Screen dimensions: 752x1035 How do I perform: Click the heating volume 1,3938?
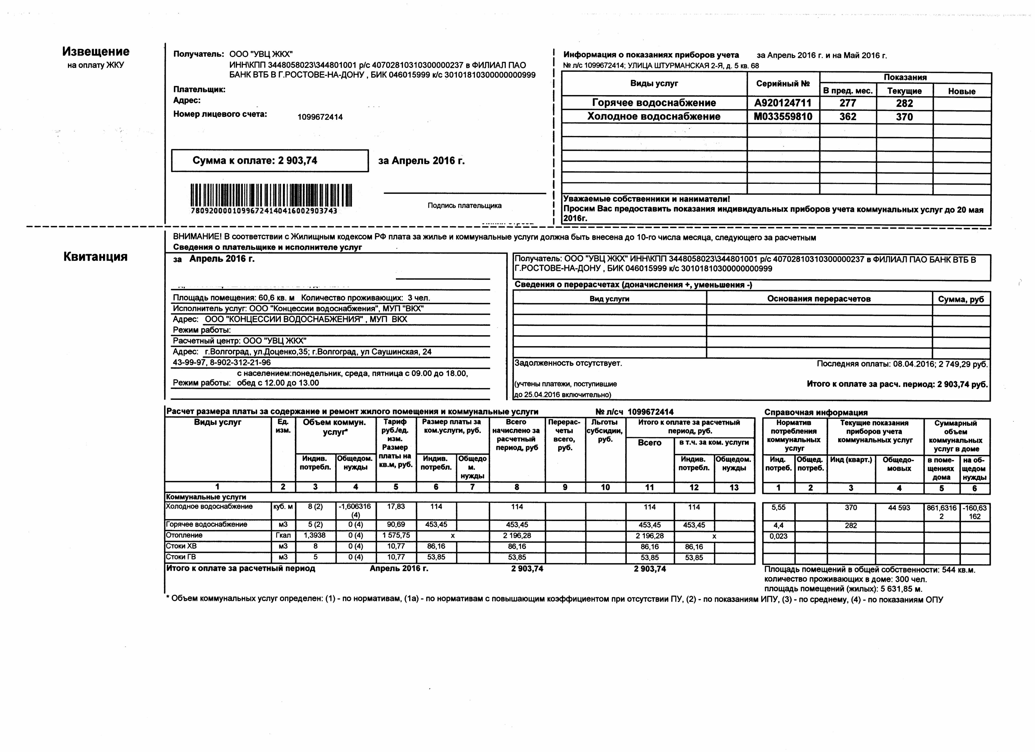click(315, 535)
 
